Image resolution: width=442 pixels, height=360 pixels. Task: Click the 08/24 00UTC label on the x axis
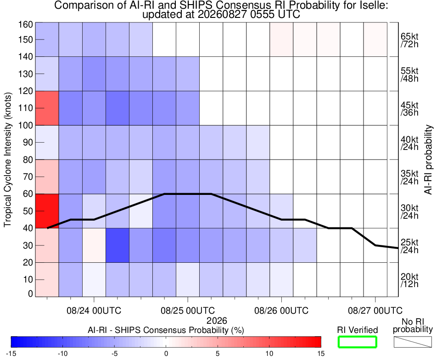[94, 310]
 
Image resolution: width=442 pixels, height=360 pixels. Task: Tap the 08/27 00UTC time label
[375, 310]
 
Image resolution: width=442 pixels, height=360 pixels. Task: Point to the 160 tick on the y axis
[26, 24]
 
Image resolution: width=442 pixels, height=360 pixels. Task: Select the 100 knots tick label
[26, 125]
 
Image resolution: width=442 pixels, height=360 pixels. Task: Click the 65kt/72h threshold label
[409, 40]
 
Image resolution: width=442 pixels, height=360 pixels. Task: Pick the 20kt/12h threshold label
[409, 280]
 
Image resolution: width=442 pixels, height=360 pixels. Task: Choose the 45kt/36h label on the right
[409, 109]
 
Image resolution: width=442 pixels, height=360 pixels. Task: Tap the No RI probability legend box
[413, 342]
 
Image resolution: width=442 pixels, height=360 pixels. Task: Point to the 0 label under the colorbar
[166, 353]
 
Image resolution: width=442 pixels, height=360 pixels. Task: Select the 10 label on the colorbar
[269, 353]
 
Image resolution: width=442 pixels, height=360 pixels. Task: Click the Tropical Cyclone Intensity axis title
[8, 160]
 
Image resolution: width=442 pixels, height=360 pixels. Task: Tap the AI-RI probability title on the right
[428, 160]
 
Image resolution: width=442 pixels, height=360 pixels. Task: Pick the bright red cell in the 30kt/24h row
[47, 211]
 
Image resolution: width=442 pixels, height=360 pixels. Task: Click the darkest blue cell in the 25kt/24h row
[117, 245]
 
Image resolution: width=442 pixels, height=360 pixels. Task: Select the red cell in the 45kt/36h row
[47, 108]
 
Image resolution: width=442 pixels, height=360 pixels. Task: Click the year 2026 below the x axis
[217, 321]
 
